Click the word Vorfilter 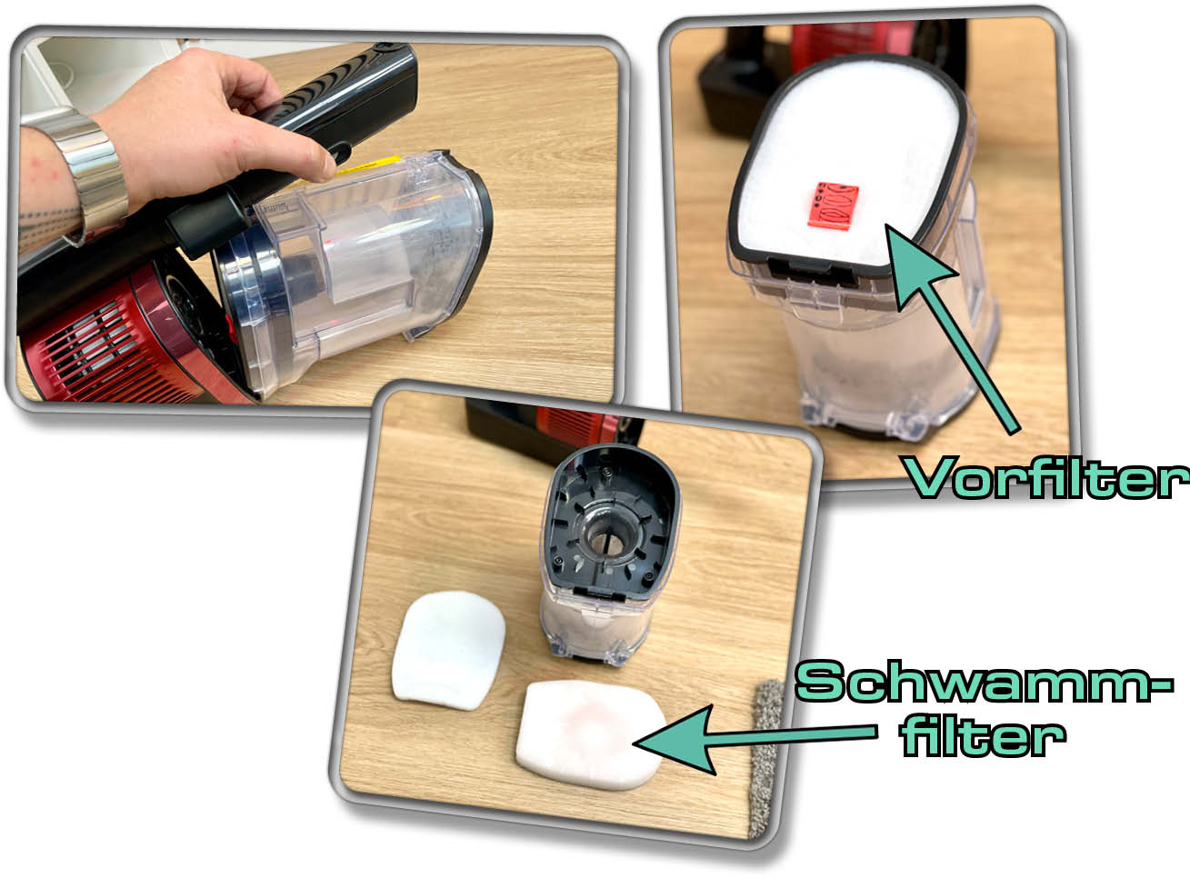pyautogui.click(x=1046, y=478)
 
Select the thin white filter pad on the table pyautogui.click(x=448, y=650)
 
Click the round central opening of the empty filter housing pyautogui.click(x=606, y=540)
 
